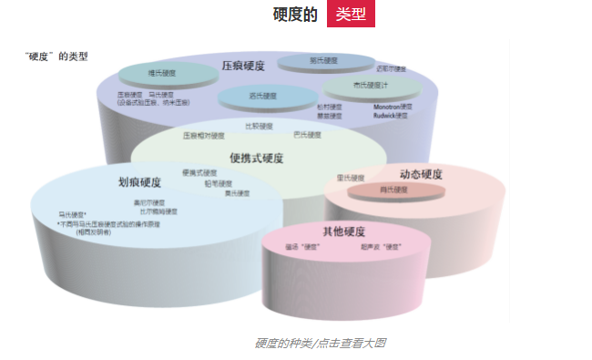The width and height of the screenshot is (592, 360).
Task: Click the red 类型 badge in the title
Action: [351, 15]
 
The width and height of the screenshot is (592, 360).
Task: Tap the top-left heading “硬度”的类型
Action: [56, 56]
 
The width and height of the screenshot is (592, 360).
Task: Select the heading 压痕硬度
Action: [243, 66]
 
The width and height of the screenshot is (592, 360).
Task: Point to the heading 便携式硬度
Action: [257, 158]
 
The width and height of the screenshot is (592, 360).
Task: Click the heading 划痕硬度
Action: [139, 181]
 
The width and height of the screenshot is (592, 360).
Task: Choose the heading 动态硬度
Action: [421, 174]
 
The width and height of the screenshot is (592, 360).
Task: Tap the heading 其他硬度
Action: [343, 231]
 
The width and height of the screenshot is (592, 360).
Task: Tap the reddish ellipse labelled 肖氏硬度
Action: [393, 190]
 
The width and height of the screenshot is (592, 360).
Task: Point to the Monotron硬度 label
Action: [393, 107]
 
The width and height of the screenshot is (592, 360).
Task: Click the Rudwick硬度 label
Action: [393, 116]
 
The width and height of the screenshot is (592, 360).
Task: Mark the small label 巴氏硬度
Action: [307, 135]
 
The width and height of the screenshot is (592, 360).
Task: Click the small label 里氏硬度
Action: [351, 178]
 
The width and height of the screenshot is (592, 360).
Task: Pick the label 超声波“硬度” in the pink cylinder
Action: [381, 247]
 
